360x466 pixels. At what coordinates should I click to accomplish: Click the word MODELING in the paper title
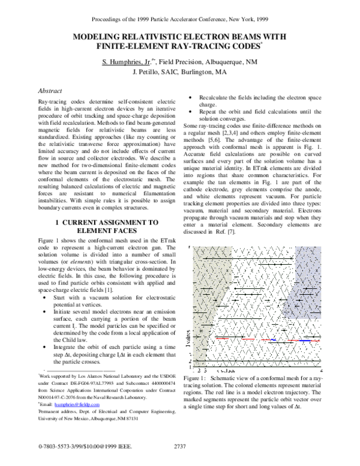click(x=98, y=37)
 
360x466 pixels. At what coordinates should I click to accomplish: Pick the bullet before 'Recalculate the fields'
click(x=191, y=97)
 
